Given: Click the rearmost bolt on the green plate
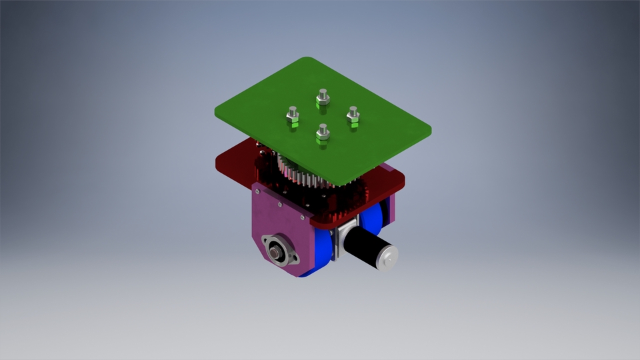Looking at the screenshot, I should [x=322, y=99].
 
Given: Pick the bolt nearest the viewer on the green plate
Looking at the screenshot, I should [x=323, y=135].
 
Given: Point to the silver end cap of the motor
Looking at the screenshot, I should [x=387, y=257].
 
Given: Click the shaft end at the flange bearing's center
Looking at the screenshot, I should [x=274, y=251].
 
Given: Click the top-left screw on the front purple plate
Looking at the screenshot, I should [x=258, y=191].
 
